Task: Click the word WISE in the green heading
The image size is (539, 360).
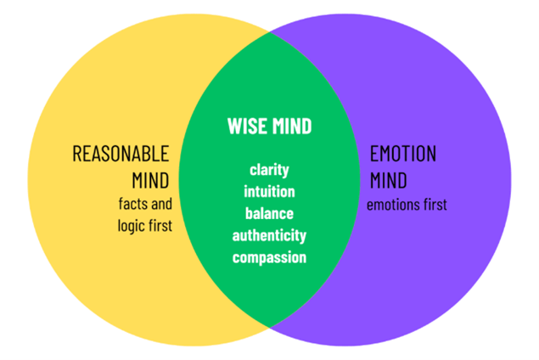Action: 247,127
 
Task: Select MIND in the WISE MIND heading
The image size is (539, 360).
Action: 290,127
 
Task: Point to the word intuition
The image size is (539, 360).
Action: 269,191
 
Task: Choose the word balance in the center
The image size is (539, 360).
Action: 269,212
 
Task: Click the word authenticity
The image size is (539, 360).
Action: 269,235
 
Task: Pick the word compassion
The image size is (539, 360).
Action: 269,257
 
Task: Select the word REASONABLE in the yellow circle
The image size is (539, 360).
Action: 121,155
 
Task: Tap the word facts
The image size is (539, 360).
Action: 135,205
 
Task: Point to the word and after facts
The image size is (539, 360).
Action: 162,205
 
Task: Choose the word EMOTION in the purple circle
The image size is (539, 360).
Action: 403,155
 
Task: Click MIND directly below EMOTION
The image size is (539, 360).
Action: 389,180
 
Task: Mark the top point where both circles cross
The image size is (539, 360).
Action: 270,33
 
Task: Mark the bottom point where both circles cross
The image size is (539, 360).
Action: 270,327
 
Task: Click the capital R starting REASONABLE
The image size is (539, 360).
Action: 77,155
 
